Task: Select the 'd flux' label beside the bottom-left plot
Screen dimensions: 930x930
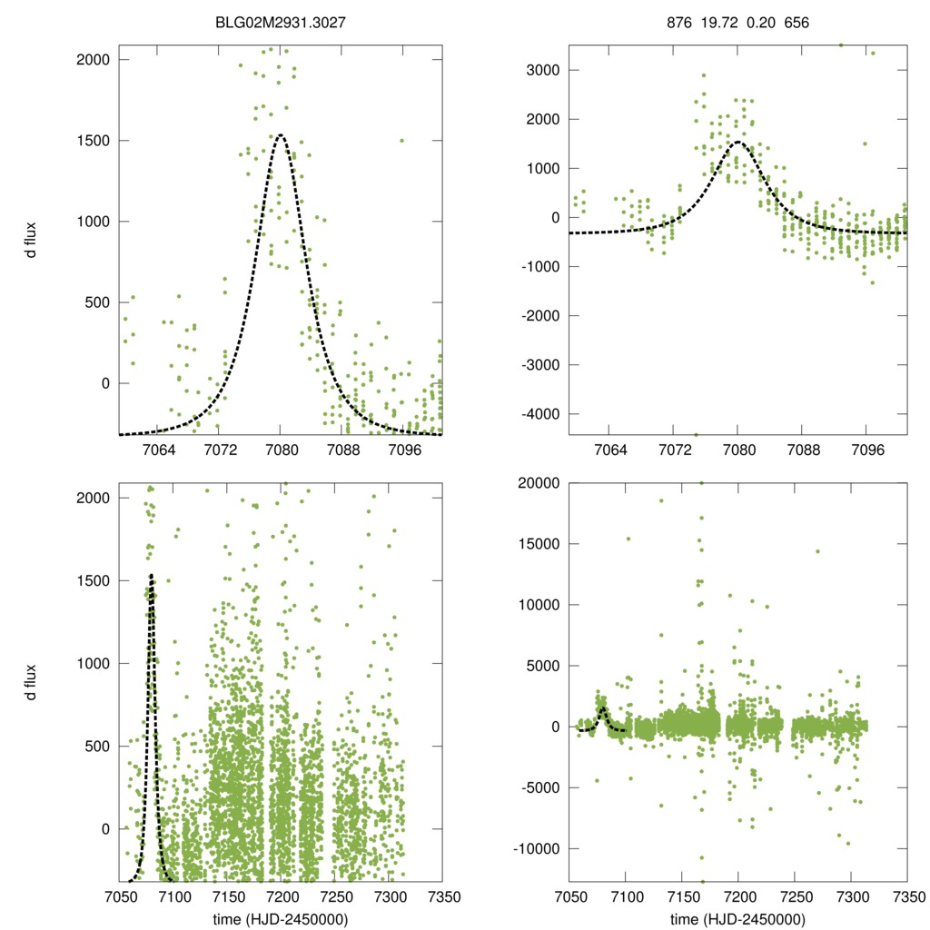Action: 32,681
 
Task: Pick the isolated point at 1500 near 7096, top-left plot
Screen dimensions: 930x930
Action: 401,141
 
